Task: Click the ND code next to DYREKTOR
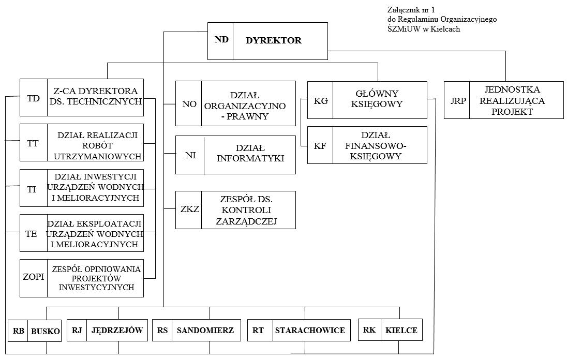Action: click(221, 39)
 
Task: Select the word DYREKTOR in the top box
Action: click(273, 40)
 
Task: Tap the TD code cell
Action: click(33, 98)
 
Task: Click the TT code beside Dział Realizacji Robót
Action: click(33, 143)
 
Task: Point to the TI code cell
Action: click(32, 189)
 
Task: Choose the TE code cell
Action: click(31, 234)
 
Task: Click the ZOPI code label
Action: click(33, 277)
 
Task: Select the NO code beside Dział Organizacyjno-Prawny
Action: click(189, 104)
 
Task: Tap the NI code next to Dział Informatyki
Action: click(190, 155)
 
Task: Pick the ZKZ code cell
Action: click(190, 209)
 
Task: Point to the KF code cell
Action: click(320, 146)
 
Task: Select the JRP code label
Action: click(458, 101)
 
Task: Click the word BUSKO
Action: click(46, 331)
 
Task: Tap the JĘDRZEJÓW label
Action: click(117, 330)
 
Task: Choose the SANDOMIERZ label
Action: click(205, 331)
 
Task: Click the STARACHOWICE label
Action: click(310, 331)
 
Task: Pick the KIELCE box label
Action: click(401, 331)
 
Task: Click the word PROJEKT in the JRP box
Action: click(512, 112)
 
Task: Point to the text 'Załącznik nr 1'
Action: click(411, 10)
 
